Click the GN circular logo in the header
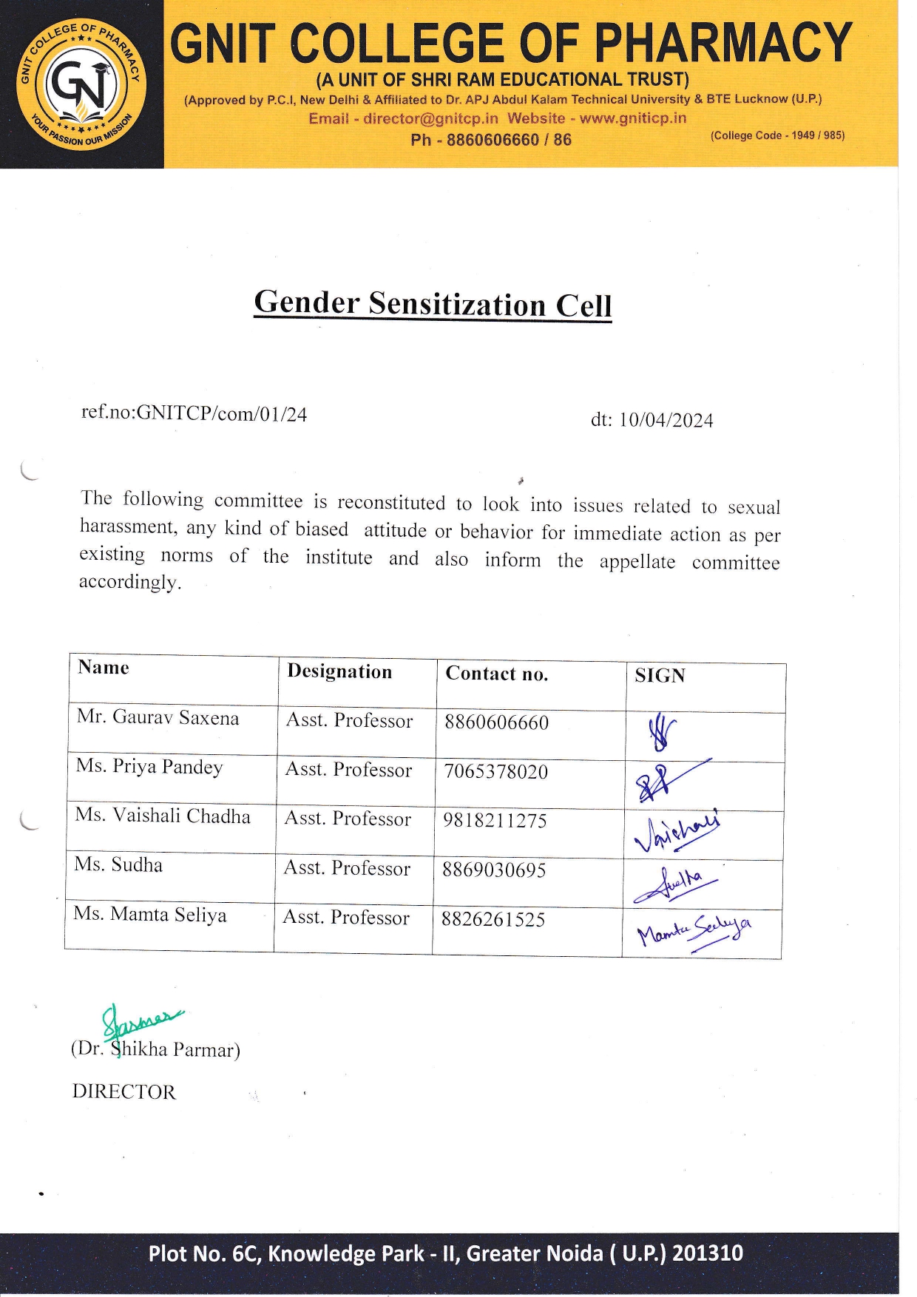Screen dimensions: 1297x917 (81, 84)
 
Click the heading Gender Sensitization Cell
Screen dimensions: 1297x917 (433, 304)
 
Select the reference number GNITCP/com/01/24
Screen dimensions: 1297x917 (222, 413)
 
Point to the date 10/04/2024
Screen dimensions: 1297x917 (666, 420)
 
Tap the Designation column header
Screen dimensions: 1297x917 (339, 671)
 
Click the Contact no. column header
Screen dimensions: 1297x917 (496, 674)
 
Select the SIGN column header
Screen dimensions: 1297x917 (660, 676)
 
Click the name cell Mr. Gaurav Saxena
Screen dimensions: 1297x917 (158, 717)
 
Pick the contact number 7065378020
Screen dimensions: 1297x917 (495, 771)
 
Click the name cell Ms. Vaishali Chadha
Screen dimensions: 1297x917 (163, 816)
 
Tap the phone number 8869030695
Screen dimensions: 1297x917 (494, 870)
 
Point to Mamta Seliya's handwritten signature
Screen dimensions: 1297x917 (694, 932)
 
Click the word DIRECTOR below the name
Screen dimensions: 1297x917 (123, 1091)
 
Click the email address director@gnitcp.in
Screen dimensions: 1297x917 (430, 118)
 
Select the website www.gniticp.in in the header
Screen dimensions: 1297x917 (632, 118)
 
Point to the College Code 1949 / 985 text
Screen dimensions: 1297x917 (777, 135)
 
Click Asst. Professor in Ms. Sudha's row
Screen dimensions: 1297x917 (347, 868)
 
